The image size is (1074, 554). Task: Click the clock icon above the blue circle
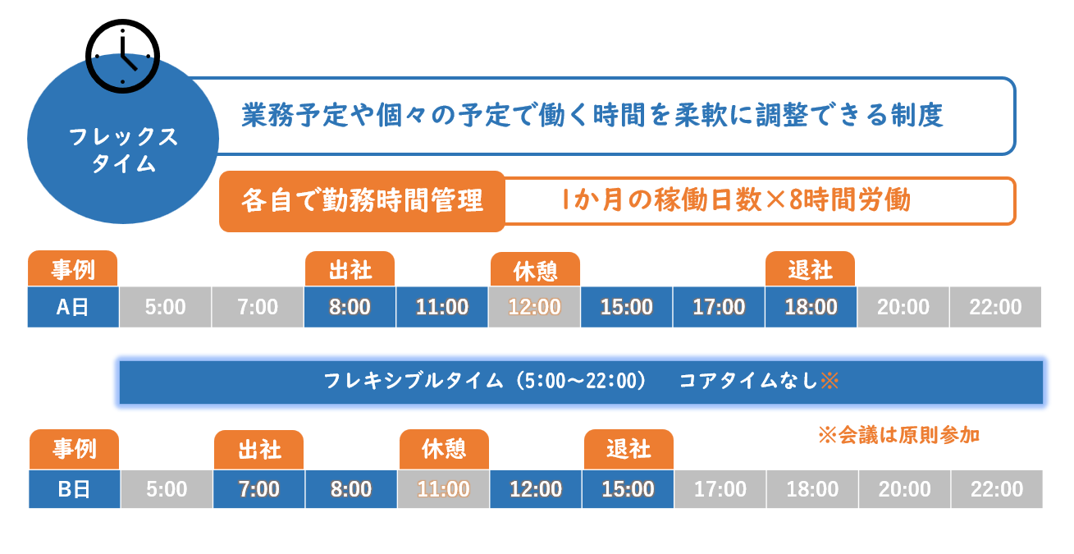(123, 56)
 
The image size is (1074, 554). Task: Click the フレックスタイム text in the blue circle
(124, 150)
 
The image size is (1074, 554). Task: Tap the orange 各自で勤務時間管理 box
(362, 201)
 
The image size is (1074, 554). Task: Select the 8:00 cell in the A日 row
(350, 307)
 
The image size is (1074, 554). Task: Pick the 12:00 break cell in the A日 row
(534, 307)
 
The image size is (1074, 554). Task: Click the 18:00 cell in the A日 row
(811, 307)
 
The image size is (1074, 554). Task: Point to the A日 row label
(73, 307)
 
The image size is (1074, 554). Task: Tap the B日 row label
(75, 489)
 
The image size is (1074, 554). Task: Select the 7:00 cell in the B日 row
(259, 489)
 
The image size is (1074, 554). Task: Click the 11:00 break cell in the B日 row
(444, 489)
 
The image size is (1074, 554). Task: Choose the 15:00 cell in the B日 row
(628, 489)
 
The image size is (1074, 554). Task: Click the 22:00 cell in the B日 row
(997, 489)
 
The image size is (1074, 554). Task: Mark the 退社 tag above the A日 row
(811, 269)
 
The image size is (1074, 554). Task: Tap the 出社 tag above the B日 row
(259, 450)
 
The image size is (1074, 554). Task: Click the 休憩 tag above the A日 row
(535, 269)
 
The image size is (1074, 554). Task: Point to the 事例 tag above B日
(75, 449)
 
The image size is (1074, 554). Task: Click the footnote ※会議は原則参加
(899, 436)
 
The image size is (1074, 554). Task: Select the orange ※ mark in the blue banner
(829, 382)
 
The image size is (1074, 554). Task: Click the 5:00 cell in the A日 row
(165, 307)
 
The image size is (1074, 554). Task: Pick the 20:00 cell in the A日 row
(903, 307)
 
